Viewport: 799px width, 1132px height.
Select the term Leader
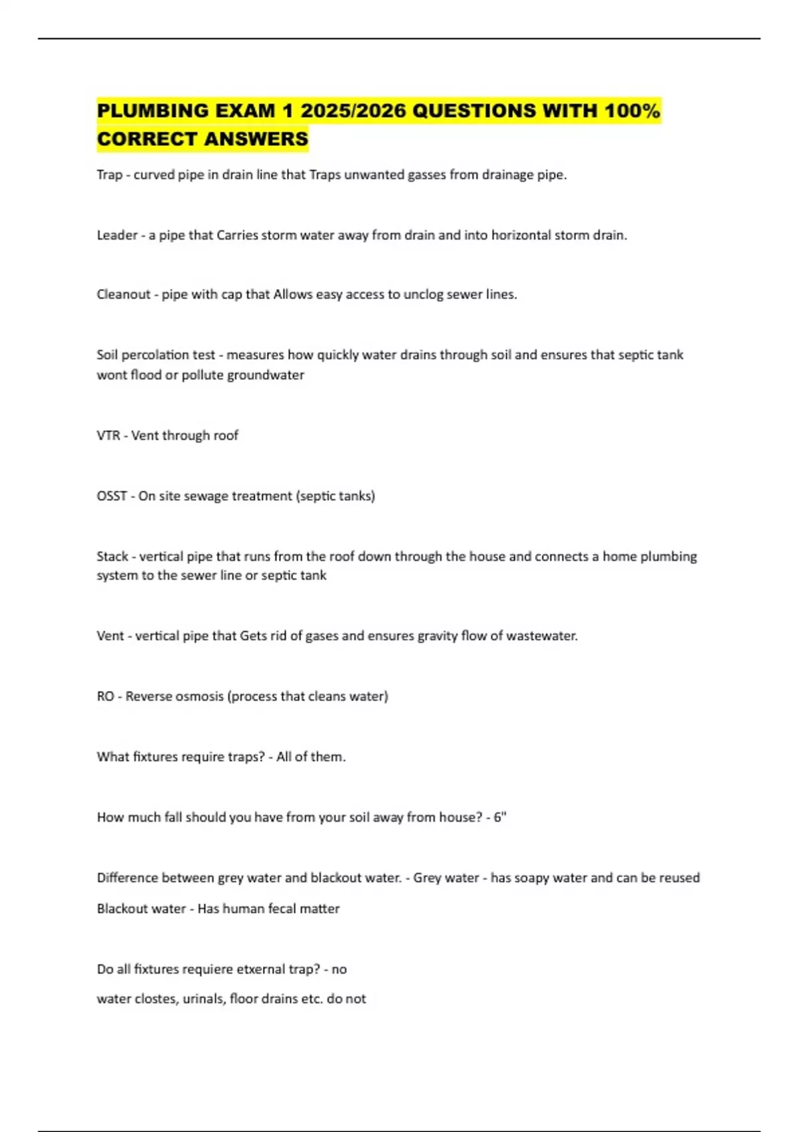(x=117, y=235)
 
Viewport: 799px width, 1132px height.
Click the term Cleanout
(x=124, y=294)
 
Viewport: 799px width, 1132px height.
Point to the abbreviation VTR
(x=109, y=435)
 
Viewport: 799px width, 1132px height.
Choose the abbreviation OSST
(x=111, y=496)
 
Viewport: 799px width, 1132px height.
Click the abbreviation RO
(x=105, y=697)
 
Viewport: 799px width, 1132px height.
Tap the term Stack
(x=113, y=557)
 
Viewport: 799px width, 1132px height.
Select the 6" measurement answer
(x=499, y=817)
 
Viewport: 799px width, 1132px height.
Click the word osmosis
(x=199, y=697)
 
